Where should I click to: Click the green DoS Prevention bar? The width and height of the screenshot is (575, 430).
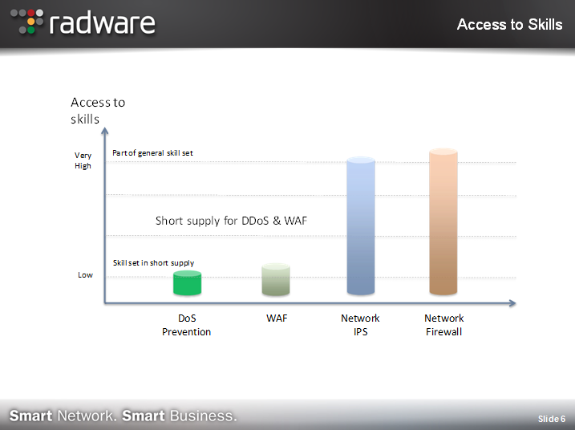tap(187, 283)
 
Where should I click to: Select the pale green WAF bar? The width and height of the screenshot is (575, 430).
tap(276, 279)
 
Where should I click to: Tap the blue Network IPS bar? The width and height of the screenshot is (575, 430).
tap(361, 225)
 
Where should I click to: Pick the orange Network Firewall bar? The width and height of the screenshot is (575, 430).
tap(443, 221)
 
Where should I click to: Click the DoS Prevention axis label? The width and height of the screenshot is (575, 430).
tap(186, 325)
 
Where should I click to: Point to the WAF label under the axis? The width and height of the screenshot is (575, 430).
tap(277, 318)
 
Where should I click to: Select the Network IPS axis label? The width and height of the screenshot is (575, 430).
tap(360, 325)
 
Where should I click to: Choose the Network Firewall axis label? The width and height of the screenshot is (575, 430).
tap(444, 325)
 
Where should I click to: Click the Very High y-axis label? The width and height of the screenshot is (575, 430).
tap(83, 160)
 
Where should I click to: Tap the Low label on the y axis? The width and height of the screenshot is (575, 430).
tap(85, 275)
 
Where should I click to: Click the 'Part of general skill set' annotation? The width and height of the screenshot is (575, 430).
tap(152, 153)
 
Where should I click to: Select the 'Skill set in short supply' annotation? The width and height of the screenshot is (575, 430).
tap(153, 262)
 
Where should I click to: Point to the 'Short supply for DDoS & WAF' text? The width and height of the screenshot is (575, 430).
tap(232, 221)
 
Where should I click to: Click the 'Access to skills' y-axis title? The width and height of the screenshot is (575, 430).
tap(98, 111)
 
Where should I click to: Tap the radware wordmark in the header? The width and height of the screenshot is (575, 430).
tap(103, 23)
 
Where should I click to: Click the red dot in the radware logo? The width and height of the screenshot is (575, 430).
tap(31, 13)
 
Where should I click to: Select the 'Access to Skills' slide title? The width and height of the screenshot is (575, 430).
tap(510, 25)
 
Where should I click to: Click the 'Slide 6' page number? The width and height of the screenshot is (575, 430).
tap(552, 419)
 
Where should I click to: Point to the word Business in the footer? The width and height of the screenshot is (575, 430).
tap(203, 416)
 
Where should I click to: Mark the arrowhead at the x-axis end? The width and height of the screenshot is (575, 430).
tap(512, 303)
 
